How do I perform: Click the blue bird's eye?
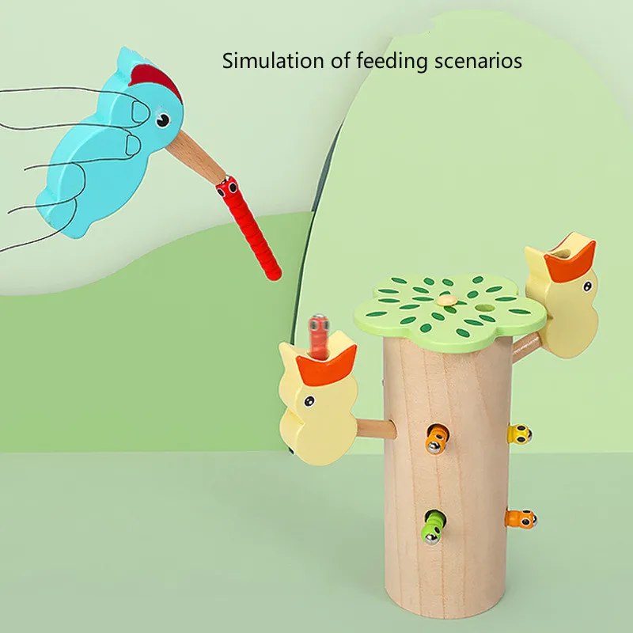click(162, 120)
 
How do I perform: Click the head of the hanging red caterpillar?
click(229, 188)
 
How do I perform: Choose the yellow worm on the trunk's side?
click(518, 433)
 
